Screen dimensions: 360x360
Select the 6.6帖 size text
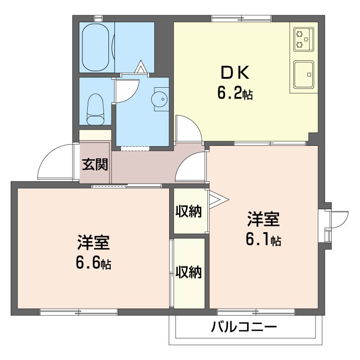pyautogui.click(x=93, y=263)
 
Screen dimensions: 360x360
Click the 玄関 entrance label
pyautogui.click(x=95, y=165)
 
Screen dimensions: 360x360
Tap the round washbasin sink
pyautogui.click(x=159, y=99)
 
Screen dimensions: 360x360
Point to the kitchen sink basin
pyautogui.click(x=304, y=73)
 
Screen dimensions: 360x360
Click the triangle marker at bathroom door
pyautogui.click(x=141, y=68)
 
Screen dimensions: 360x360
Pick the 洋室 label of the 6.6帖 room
pyautogui.click(x=93, y=243)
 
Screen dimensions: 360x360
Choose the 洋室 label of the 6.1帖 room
pyautogui.click(x=263, y=220)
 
